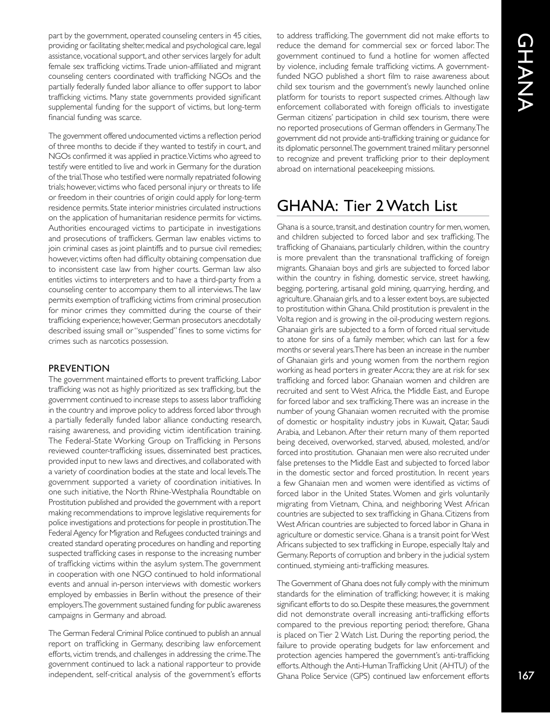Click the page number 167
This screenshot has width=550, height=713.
(526, 675)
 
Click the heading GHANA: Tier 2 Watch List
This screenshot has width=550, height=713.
(367, 206)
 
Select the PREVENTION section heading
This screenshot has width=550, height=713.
(79, 368)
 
